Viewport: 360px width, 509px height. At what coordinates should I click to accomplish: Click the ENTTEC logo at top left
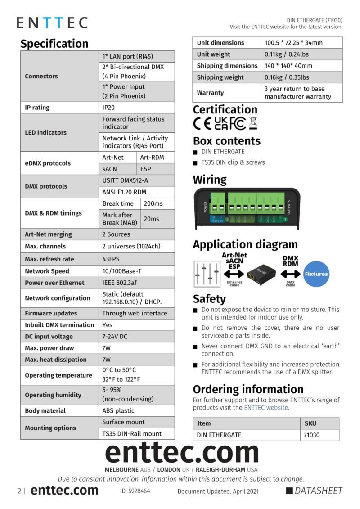coord(52,23)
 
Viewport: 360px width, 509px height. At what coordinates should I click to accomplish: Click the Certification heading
coord(225,109)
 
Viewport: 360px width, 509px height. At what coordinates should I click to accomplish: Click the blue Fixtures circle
coord(316,274)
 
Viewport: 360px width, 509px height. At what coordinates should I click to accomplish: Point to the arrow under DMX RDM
coord(290,274)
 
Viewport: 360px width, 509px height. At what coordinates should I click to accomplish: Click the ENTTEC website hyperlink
coord(266,408)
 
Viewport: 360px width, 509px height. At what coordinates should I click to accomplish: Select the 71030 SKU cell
coord(319,435)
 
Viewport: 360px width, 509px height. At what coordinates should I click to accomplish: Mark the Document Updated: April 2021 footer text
coord(218,491)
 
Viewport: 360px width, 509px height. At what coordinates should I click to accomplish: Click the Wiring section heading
coord(210,180)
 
